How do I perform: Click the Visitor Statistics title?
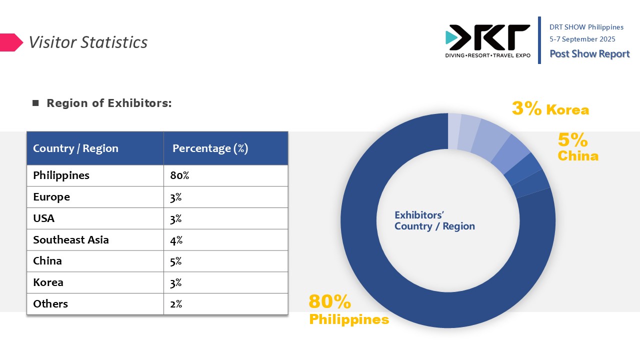tap(88, 42)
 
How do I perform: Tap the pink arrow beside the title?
tap(11, 42)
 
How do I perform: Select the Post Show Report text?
tap(589, 53)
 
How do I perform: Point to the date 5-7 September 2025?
tap(582, 39)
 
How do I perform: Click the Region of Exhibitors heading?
tap(109, 103)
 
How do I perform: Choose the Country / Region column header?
tap(75, 148)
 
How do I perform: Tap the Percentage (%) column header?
tap(210, 148)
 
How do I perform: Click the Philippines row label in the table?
tap(61, 175)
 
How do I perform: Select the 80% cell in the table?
tap(179, 175)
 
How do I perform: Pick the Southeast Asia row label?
tap(71, 239)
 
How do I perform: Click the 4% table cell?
tap(176, 240)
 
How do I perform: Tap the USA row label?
tap(43, 218)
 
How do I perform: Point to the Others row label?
tap(50, 303)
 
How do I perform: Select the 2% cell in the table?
tap(176, 304)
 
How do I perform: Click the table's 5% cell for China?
tap(175, 261)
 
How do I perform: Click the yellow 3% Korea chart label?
tap(550, 108)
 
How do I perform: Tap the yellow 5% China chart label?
tap(577, 147)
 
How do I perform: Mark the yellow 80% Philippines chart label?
tap(349, 309)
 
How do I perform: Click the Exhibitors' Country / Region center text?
tap(434, 220)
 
